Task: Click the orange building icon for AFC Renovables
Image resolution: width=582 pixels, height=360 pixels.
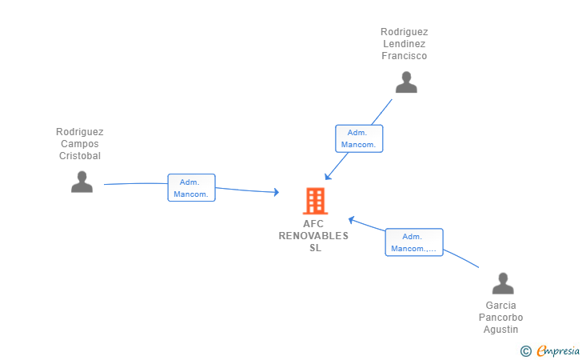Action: click(x=315, y=201)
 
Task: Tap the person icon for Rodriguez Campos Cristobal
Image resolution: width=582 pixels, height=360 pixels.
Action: click(x=82, y=182)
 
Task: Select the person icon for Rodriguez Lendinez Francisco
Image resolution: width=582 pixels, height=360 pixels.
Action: click(x=406, y=82)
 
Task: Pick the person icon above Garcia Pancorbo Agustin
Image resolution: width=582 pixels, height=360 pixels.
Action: click(x=502, y=283)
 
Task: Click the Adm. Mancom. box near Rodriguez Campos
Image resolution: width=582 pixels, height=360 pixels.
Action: click(x=191, y=188)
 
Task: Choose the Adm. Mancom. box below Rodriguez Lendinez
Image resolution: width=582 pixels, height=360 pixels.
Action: click(x=359, y=138)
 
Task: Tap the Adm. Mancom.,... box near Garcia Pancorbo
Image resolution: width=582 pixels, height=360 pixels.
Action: click(x=413, y=242)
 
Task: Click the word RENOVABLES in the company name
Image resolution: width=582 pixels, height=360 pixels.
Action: click(x=313, y=236)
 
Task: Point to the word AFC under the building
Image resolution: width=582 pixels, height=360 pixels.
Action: click(x=313, y=224)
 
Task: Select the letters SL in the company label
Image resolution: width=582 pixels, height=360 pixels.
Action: click(x=315, y=248)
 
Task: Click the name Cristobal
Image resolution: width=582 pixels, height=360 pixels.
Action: click(x=80, y=156)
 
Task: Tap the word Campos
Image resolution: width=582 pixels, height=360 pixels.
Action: click(x=80, y=144)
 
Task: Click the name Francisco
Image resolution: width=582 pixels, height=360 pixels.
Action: click(x=404, y=56)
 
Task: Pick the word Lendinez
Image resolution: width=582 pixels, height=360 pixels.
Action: click(x=404, y=44)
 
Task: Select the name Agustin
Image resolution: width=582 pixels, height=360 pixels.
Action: click(x=501, y=330)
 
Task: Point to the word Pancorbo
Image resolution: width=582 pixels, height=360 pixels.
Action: click(x=501, y=318)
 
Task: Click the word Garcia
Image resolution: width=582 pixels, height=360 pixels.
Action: click(x=501, y=306)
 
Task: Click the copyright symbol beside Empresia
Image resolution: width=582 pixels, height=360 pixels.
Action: click(x=526, y=350)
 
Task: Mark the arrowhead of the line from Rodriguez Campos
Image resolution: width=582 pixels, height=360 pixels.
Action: click(x=276, y=192)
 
